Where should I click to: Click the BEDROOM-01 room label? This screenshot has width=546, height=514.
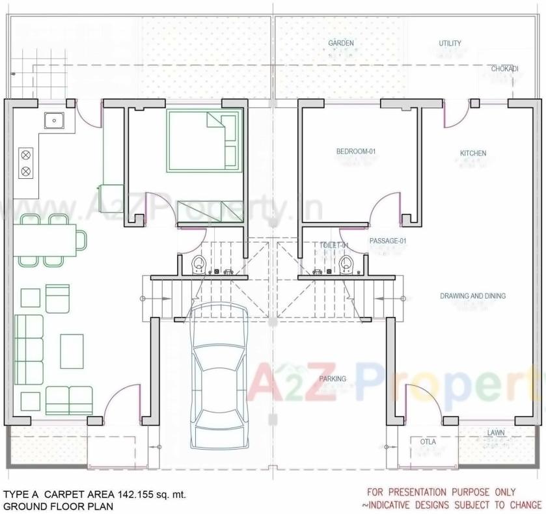(356, 152)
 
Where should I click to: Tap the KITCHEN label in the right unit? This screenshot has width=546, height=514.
(473, 154)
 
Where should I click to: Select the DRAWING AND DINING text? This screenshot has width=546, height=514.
(472, 296)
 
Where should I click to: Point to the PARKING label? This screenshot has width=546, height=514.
(333, 379)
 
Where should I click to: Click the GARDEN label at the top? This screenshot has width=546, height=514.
(341, 44)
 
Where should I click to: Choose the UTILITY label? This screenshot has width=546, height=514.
(450, 44)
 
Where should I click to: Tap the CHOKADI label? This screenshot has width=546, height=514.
(504, 68)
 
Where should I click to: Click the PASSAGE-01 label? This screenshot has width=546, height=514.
(388, 241)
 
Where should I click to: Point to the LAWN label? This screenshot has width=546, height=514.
(497, 433)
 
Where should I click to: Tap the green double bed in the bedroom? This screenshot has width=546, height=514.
(203, 141)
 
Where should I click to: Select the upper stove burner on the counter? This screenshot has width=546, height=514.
(26, 155)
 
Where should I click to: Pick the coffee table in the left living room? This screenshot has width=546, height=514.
(72, 351)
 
